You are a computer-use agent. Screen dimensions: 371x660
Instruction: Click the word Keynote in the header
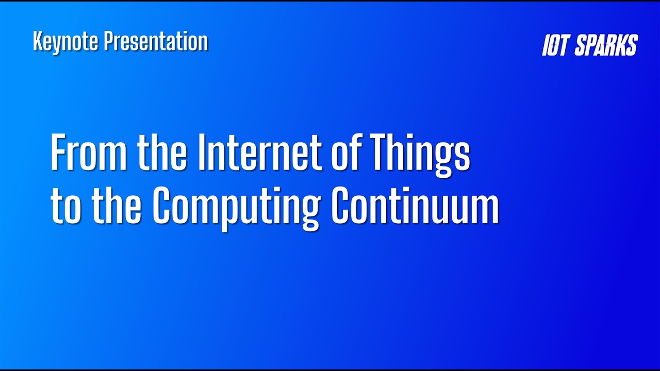[65, 42]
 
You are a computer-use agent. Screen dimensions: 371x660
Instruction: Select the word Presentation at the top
[156, 42]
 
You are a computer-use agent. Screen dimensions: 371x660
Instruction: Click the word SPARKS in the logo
[606, 46]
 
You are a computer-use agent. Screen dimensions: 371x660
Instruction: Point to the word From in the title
[88, 153]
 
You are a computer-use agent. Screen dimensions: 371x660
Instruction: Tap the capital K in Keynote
[37, 42]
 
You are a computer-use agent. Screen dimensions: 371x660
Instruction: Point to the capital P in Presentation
[108, 42]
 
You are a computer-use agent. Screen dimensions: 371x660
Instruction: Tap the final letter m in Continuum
[485, 208]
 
